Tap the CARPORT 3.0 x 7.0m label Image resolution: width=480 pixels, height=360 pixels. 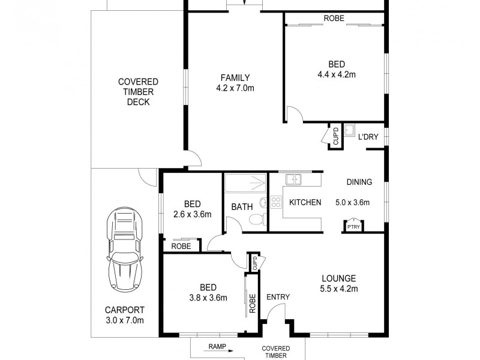(124, 315)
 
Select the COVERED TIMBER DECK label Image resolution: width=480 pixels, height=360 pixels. (138, 92)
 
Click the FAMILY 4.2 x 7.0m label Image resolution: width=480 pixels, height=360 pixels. (235, 83)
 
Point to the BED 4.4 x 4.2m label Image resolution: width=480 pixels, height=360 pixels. (336, 70)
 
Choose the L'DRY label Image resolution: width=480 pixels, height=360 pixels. (368, 137)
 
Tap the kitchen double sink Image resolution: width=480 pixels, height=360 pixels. (293, 179)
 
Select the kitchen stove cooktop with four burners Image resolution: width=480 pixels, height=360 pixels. (277, 203)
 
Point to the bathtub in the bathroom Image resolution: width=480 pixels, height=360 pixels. (246, 182)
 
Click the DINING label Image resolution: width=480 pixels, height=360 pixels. (359, 182)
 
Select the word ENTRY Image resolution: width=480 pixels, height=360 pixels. (278, 297)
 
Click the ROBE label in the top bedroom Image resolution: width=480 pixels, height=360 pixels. (334, 19)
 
